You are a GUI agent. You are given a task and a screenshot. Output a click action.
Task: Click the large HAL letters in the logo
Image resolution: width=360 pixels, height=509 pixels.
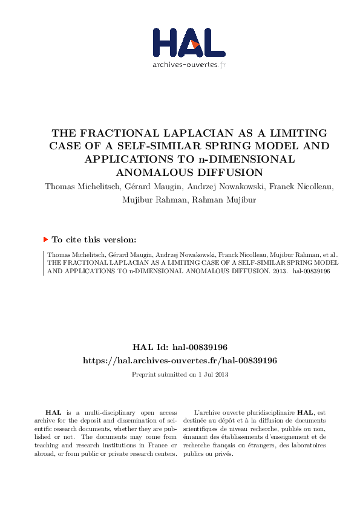pos(180,42)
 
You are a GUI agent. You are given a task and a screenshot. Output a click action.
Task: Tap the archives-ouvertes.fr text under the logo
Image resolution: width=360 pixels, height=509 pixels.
pos(189,65)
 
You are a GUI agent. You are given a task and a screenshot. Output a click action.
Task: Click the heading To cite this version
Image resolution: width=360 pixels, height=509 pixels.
pos(94,239)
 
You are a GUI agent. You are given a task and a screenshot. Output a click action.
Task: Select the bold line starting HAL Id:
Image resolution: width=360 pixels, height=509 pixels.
pos(180,348)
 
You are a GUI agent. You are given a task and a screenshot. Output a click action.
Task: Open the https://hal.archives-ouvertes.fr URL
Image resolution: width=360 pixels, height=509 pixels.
pos(180,360)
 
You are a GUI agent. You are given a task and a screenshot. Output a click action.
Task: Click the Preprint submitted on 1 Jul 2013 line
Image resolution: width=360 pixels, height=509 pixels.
pos(180,374)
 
